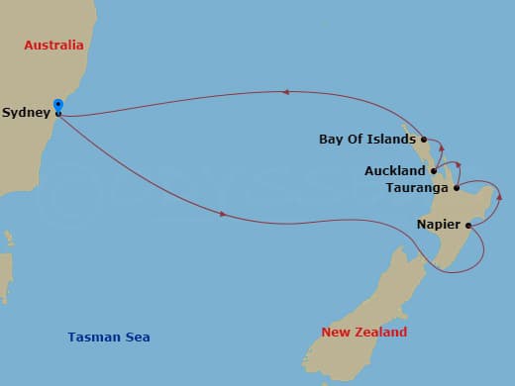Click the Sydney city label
pyautogui.click(x=26, y=113)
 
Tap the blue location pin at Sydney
pyautogui.click(x=58, y=106)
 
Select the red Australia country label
pyautogui.click(x=51, y=46)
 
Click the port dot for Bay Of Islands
pyautogui.click(x=424, y=140)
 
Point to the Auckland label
pyautogui.click(x=395, y=170)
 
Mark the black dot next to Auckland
pyautogui.click(x=434, y=171)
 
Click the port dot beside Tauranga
pyautogui.click(x=456, y=188)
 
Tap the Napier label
pyautogui.click(x=439, y=225)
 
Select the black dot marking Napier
pyautogui.click(x=467, y=226)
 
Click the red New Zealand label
pyautogui.click(x=364, y=333)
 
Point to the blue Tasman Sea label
pyautogui.click(x=109, y=338)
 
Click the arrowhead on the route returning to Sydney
pyautogui.click(x=285, y=92)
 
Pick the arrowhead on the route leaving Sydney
pyautogui.click(x=224, y=214)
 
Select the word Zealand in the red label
pyautogui.click(x=381, y=333)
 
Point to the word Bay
pyautogui.click(x=331, y=140)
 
